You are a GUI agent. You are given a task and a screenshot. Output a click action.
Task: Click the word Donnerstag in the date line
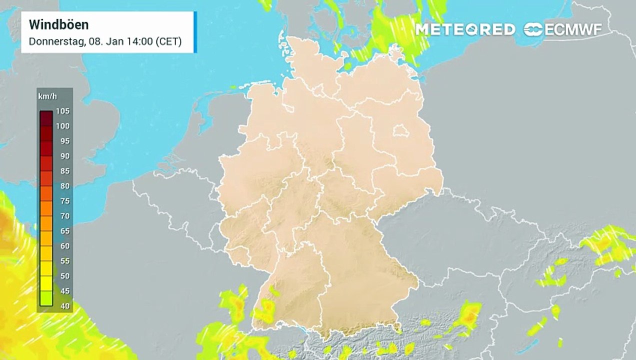[x=56, y=41]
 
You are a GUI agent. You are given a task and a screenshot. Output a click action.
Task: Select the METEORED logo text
[x=465, y=29]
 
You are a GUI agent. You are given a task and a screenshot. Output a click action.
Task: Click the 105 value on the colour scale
[x=62, y=111]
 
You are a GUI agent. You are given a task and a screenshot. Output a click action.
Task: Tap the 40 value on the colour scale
[x=64, y=306]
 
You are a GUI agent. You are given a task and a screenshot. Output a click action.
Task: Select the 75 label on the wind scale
[x=64, y=201]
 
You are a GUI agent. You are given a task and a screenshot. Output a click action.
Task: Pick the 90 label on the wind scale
[x=64, y=156]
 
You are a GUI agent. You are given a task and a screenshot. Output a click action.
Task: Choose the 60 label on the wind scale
[x=64, y=246]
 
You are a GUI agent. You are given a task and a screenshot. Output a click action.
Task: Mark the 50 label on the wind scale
[x=64, y=276]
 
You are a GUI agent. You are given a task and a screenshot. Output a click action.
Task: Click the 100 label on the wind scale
[x=62, y=126]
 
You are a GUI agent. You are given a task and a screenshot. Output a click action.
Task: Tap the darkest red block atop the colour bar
[x=46, y=118]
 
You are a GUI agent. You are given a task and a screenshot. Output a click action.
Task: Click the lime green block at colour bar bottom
[x=46, y=298]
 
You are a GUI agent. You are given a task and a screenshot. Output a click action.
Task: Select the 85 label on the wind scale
[x=64, y=171]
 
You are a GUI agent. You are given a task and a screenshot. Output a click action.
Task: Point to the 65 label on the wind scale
[x=64, y=231]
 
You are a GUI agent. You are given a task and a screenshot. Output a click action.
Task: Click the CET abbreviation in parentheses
[x=168, y=41]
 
